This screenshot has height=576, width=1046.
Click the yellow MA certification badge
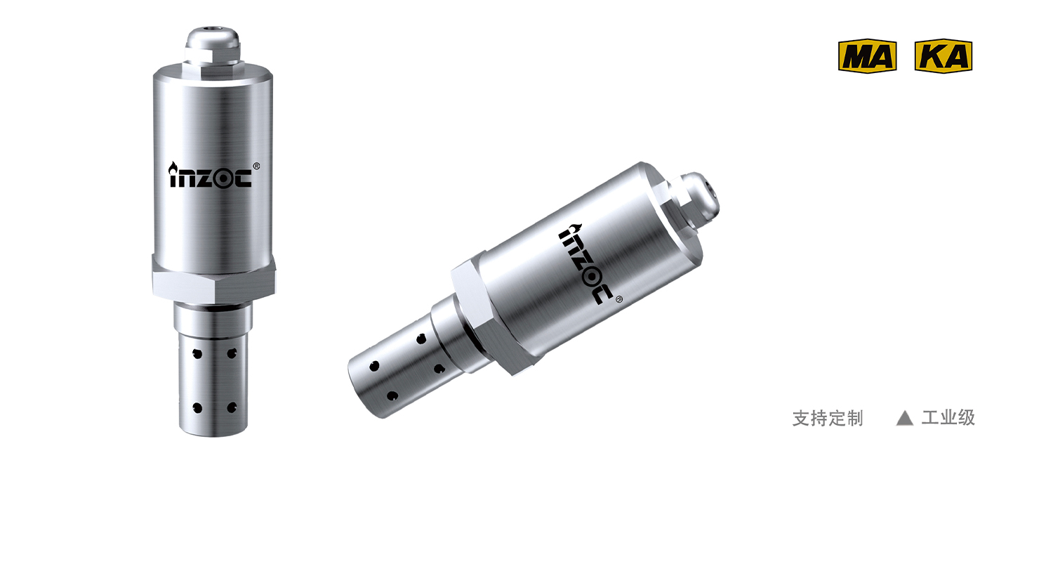point(867,56)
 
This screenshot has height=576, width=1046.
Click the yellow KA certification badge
point(944,56)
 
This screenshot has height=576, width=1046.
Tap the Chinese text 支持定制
point(828,418)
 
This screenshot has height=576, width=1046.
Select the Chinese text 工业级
point(948,418)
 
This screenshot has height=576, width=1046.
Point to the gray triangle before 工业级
point(904,418)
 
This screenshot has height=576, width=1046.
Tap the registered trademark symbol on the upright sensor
point(256,166)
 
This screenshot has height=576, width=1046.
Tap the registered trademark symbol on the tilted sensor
point(619,299)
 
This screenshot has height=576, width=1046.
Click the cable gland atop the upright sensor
point(213,47)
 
